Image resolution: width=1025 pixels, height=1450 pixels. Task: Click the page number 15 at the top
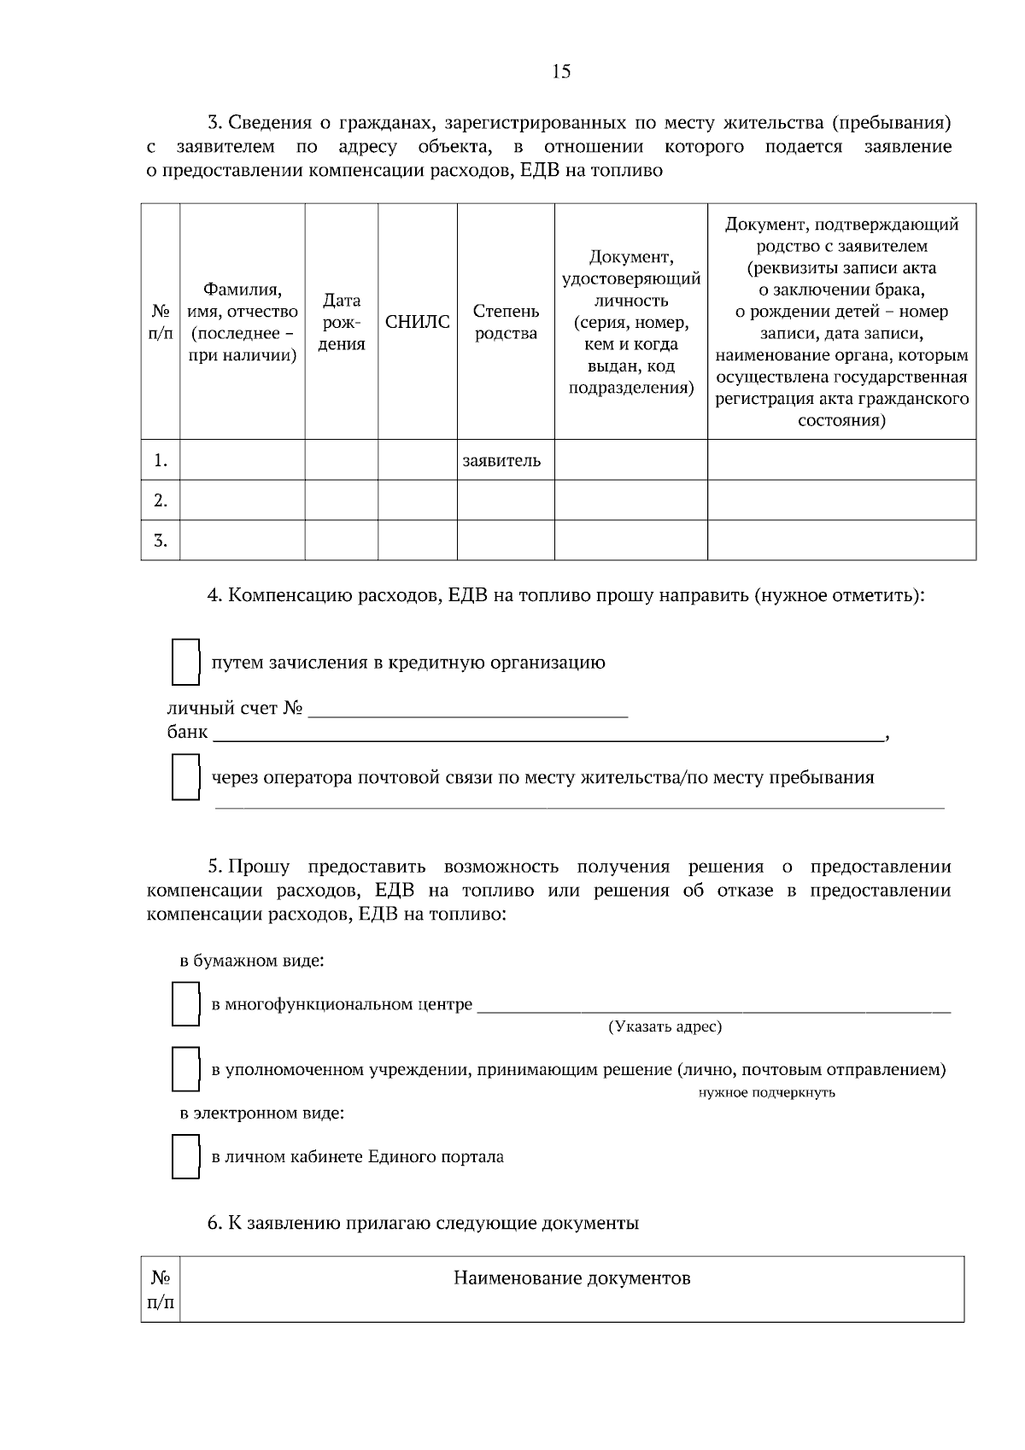click(561, 72)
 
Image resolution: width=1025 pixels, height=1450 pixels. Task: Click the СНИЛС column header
click(417, 322)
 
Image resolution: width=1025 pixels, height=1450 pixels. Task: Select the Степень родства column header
click(506, 322)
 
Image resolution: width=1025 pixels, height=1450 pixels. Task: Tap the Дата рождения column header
click(342, 322)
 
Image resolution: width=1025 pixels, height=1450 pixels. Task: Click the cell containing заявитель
click(502, 460)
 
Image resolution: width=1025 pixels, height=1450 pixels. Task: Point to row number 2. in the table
click(161, 500)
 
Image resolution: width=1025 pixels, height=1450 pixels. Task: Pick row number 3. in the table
click(161, 541)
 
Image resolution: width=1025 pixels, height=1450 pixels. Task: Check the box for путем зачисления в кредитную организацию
click(185, 663)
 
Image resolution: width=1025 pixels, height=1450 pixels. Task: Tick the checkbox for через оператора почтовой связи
click(185, 777)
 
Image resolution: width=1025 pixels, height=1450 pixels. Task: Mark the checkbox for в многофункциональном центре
click(185, 1004)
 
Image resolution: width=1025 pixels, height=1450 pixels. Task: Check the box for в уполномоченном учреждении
click(185, 1069)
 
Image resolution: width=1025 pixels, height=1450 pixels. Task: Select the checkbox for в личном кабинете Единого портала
click(185, 1157)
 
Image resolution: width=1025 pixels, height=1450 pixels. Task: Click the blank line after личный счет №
click(467, 712)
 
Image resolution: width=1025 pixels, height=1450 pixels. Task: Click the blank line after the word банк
click(547, 736)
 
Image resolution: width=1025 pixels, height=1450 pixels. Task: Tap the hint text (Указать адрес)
click(665, 1027)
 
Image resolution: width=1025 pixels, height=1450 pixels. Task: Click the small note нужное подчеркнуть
click(766, 1093)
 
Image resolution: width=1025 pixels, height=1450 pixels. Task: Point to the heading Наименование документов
click(571, 1278)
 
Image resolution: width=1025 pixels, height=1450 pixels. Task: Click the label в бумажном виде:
click(251, 961)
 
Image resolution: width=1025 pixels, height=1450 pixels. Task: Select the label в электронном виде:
click(261, 1114)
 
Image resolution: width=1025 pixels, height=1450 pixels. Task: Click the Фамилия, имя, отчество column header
click(243, 322)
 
